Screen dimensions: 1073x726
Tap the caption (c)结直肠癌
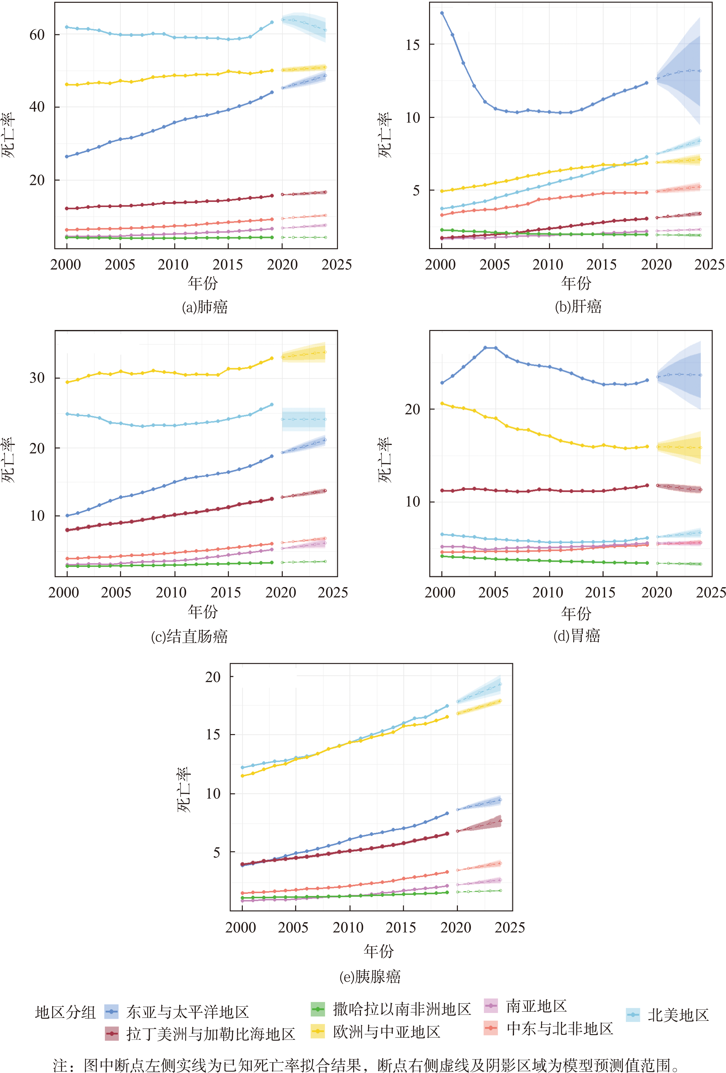189,636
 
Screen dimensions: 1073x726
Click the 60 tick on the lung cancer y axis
37,35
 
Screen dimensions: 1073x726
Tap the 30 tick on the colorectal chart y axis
37,378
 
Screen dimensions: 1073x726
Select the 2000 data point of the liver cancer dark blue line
442,13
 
